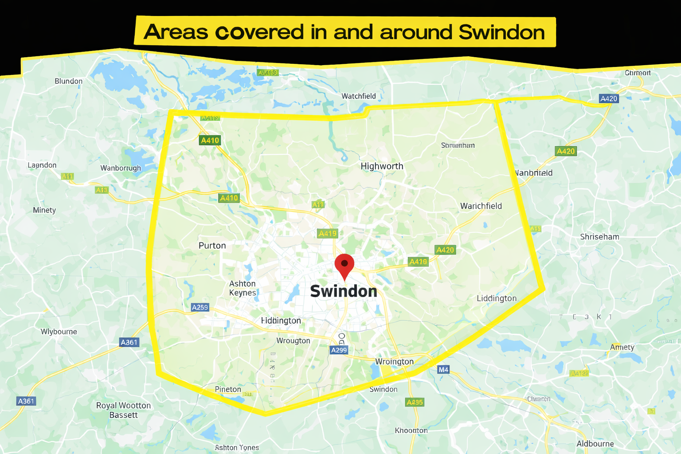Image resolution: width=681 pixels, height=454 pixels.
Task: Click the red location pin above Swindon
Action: coord(344,265)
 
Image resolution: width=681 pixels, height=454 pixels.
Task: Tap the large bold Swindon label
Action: coord(344,291)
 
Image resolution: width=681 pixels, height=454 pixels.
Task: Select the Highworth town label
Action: coord(382,166)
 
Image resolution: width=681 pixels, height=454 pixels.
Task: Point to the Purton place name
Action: coord(212,246)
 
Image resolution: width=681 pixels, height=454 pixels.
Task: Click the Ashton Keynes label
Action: coord(243,288)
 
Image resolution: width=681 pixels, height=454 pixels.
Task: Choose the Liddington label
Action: coord(497,298)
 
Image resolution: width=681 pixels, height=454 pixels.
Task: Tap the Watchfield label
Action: coord(358,96)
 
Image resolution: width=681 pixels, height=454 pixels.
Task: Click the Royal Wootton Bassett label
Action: coord(123,410)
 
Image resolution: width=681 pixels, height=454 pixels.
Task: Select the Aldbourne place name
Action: coord(595,444)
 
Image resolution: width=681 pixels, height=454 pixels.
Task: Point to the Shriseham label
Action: coord(599,237)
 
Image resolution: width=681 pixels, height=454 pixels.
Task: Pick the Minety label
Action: coord(44,210)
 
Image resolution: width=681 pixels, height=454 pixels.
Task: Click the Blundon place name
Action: coord(68,81)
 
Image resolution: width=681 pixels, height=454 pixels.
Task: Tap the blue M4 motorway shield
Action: coord(443,370)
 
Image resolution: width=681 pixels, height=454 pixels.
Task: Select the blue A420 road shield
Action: coord(608,99)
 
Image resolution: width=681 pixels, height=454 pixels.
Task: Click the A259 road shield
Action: coord(200,307)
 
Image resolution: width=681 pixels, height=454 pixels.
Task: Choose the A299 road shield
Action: coord(339,350)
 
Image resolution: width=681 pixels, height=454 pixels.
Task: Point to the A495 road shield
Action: coord(415,402)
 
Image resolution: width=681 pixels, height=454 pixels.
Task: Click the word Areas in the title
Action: coord(176,32)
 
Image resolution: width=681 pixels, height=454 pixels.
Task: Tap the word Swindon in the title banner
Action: coord(501,32)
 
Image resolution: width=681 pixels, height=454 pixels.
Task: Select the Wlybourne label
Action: coord(59,332)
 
